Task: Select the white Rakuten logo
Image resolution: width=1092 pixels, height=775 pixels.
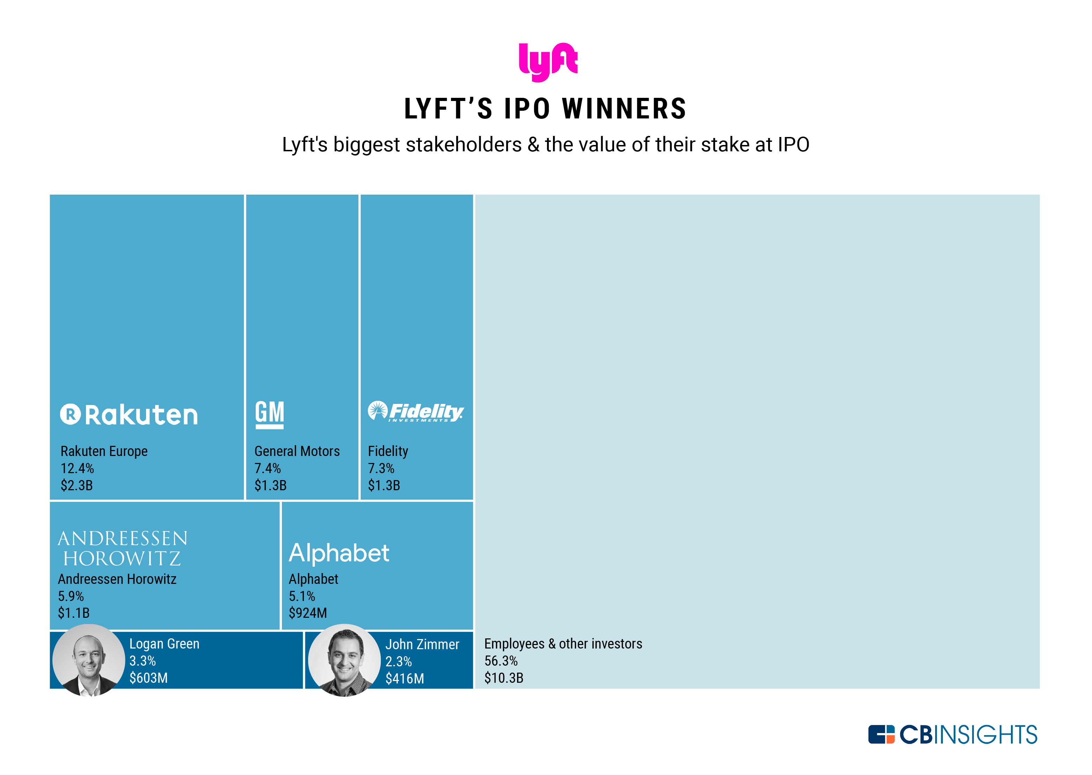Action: click(x=129, y=415)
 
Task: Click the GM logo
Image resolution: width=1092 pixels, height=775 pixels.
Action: click(x=270, y=414)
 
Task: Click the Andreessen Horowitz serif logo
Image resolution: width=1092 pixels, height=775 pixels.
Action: click(x=122, y=548)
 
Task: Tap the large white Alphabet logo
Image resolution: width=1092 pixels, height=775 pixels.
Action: click(x=339, y=553)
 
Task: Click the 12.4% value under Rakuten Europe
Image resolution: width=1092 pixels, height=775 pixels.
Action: click(x=77, y=469)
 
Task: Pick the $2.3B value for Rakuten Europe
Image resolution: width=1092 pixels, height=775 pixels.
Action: click(x=77, y=486)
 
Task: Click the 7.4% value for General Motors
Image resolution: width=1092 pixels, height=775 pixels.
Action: click(x=268, y=469)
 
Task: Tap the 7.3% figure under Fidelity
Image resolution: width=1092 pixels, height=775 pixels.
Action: click(x=381, y=469)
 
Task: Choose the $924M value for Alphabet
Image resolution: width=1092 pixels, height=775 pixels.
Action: click(x=308, y=613)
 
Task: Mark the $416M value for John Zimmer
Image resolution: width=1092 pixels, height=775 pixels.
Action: click(x=405, y=679)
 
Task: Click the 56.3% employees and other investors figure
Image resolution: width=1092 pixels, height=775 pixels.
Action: click(x=501, y=661)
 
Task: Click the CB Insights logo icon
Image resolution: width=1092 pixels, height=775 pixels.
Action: click(x=881, y=734)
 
